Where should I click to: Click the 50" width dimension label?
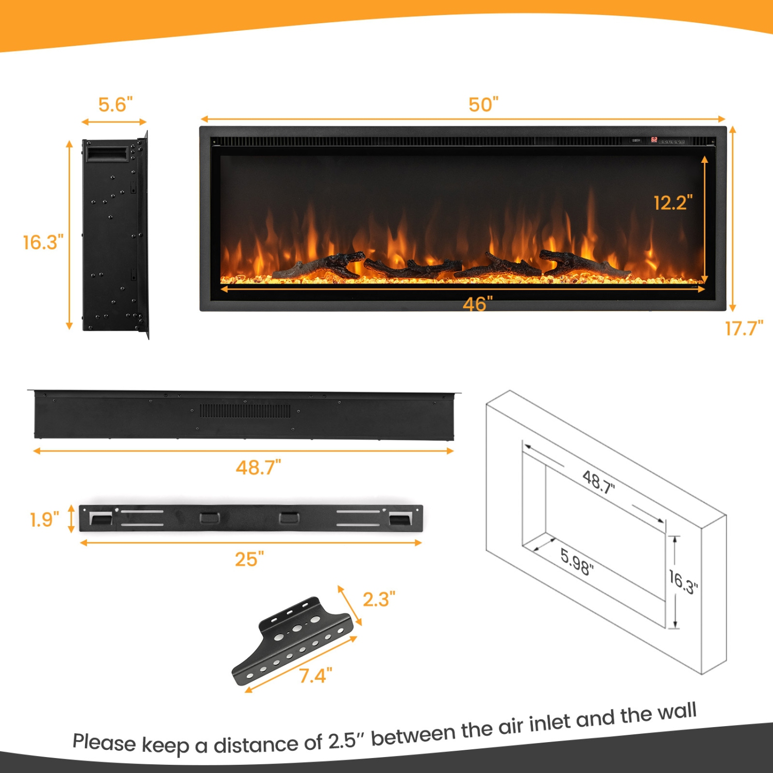pos(483,105)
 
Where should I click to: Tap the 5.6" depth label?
pos(115,105)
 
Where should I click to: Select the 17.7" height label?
pos(744,328)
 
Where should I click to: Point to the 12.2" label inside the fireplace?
pos(673,203)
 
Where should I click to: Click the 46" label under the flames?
pos(478,304)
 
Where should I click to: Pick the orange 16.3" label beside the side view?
pos(43,242)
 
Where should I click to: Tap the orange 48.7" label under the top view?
pos(258,468)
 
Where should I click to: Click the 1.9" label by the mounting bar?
pos(44,519)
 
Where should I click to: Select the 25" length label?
pos(249,559)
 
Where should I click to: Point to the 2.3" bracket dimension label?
pos(379,599)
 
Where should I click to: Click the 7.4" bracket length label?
pos(315,676)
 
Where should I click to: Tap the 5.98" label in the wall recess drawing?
pos(577,562)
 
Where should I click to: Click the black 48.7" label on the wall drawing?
pos(598,482)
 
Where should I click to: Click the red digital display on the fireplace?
pos(653,140)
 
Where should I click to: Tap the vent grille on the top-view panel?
pos(245,411)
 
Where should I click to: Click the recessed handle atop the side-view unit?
pos(107,154)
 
